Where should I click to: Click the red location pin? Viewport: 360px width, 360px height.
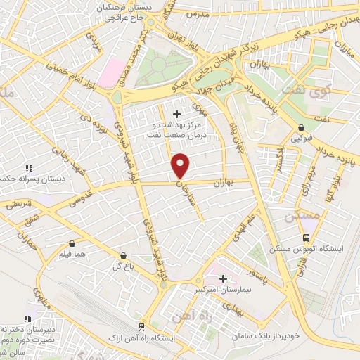point(181,165)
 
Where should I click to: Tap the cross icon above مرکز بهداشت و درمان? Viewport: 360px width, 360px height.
point(176,113)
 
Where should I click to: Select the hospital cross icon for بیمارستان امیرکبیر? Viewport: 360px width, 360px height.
point(224,278)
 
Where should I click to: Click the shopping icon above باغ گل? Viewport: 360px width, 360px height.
point(124,255)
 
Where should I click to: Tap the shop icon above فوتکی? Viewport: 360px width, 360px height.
point(302,128)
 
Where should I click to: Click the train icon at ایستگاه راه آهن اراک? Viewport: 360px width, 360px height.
point(143,326)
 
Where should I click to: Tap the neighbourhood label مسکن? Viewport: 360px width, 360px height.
point(304,217)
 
